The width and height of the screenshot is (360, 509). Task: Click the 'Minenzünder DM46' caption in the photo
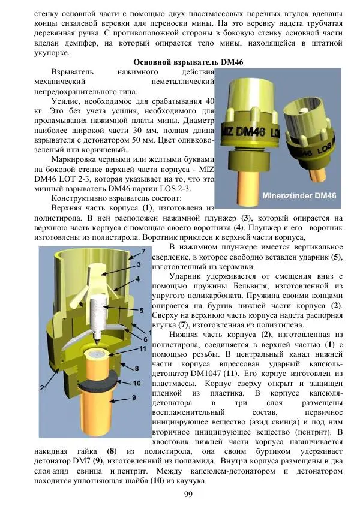[301, 195]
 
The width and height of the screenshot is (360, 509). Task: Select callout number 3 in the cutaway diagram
[138, 264]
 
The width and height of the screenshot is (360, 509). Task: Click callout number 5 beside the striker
[141, 310]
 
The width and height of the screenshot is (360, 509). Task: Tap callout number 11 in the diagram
[143, 348]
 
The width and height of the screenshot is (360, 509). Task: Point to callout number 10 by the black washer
[137, 382]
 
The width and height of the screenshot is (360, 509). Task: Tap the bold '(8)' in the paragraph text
[112, 450]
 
